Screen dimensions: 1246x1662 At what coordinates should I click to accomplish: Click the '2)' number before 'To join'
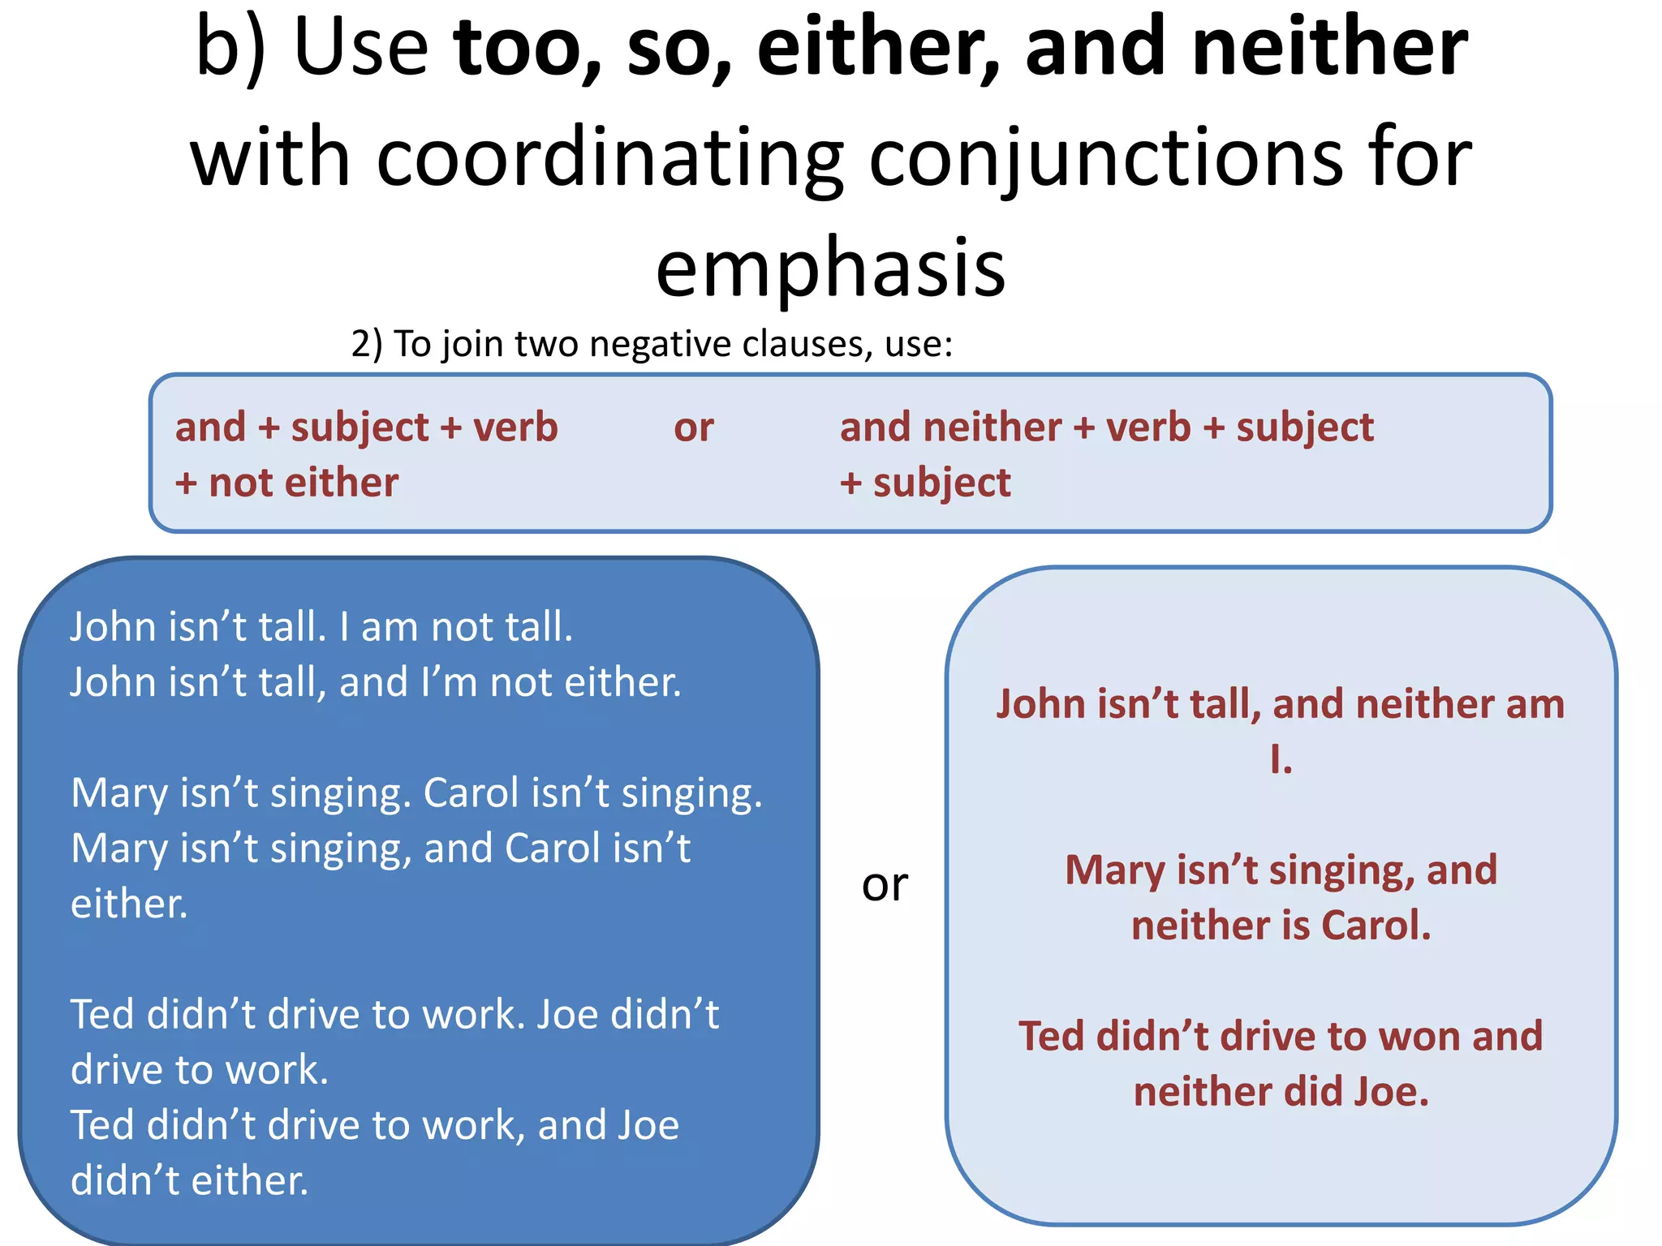367,344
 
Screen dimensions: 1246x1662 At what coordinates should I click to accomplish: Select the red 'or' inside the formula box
694,428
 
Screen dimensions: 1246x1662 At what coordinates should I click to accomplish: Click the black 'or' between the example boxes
885,884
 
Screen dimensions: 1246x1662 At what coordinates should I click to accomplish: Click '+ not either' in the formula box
287,483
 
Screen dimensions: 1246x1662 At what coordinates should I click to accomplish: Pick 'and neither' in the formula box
950,428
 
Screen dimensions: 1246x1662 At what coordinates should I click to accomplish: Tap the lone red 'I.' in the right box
1281,759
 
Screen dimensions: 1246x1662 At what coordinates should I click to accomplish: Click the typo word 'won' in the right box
1413,1036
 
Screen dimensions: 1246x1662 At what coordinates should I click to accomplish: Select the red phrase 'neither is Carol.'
1281,926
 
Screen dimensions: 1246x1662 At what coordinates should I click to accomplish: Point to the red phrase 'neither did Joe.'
1281,1092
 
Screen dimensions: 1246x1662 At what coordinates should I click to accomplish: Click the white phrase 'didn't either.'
190,1180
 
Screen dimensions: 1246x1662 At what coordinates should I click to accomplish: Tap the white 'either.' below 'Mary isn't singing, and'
130,904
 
